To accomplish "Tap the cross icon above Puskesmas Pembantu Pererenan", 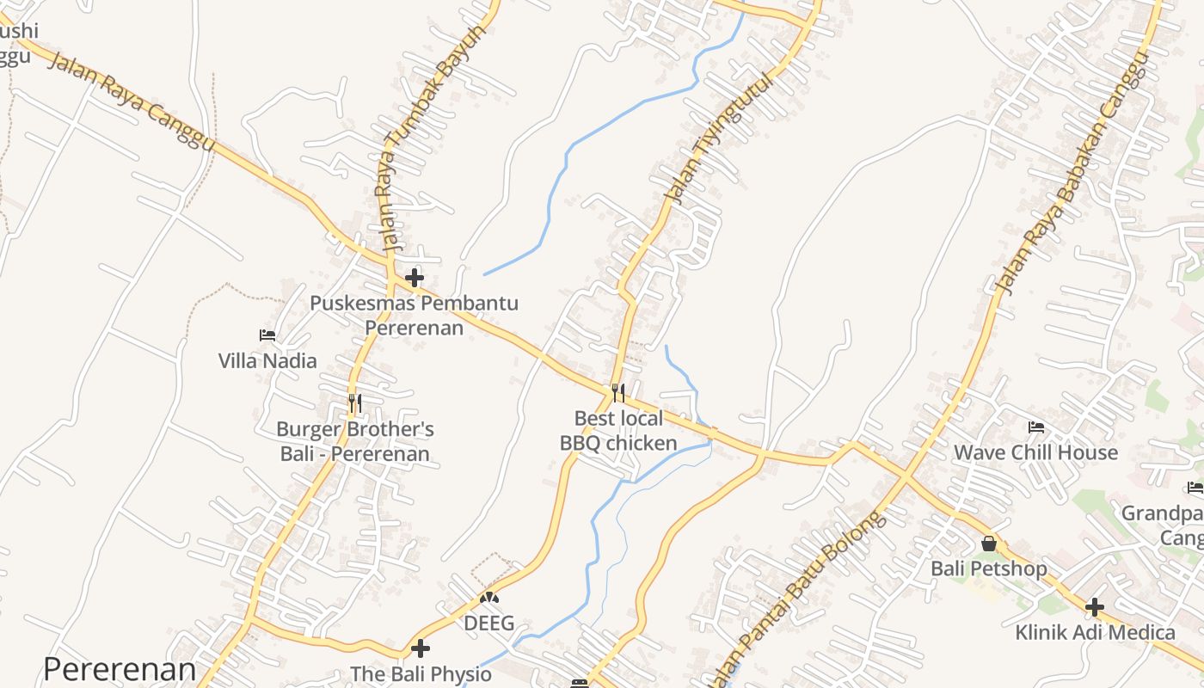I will click(415, 278).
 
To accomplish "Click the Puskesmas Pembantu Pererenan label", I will click(414, 316).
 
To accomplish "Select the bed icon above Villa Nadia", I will click(267, 335).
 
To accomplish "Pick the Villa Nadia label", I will click(267, 361).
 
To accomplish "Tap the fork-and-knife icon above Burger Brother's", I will click(354, 403).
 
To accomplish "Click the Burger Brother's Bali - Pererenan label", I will click(354, 441).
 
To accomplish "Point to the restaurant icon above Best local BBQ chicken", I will click(618, 393).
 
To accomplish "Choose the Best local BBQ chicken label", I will click(618, 432).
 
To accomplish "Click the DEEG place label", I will click(489, 623).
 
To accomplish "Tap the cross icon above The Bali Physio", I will click(421, 648).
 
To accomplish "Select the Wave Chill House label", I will click(1036, 452).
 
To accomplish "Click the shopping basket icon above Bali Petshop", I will click(989, 544).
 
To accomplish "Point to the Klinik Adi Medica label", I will click(1095, 633).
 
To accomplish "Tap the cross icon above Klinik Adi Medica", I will click(1094, 607).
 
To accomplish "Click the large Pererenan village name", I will click(120, 669).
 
